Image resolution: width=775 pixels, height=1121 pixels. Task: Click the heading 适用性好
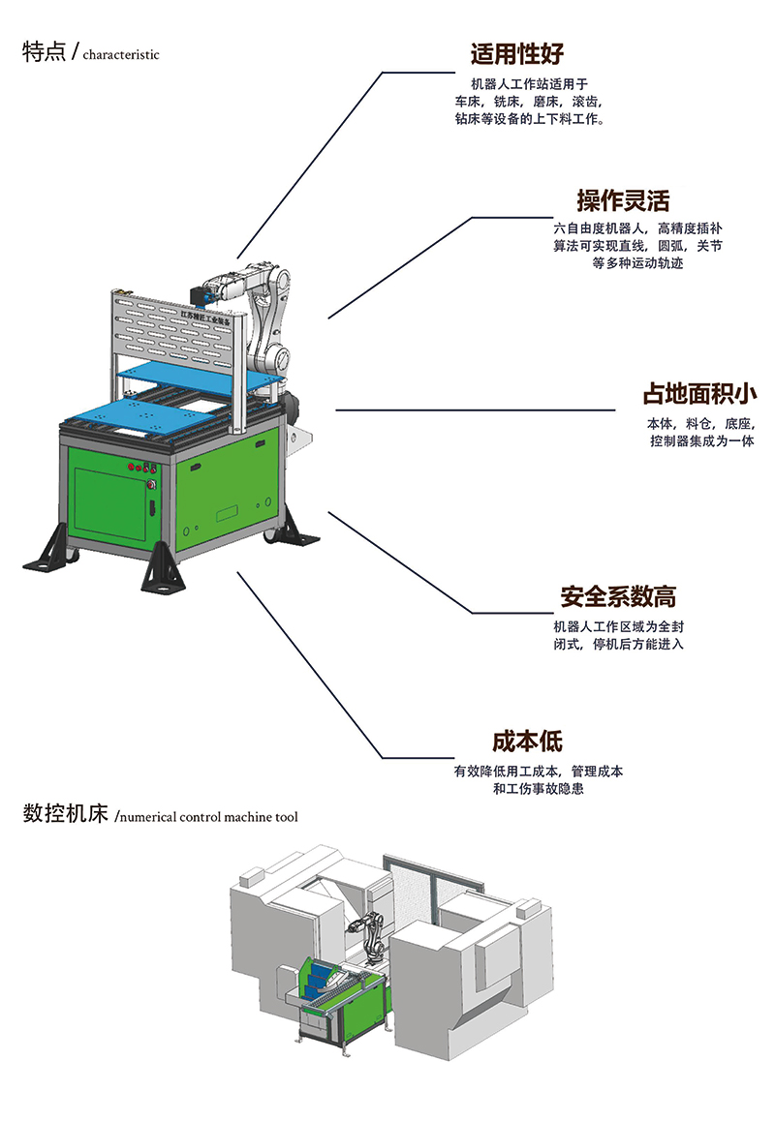(516, 53)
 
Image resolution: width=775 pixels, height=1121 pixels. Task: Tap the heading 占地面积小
(699, 395)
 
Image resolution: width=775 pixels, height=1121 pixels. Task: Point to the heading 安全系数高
(618, 595)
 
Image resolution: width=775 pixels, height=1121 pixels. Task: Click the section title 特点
(45, 52)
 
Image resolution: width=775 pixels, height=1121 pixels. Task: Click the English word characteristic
(121, 55)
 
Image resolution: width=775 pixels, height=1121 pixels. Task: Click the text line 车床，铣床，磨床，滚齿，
(529, 102)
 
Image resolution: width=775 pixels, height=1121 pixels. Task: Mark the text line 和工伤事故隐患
(538, 790)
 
